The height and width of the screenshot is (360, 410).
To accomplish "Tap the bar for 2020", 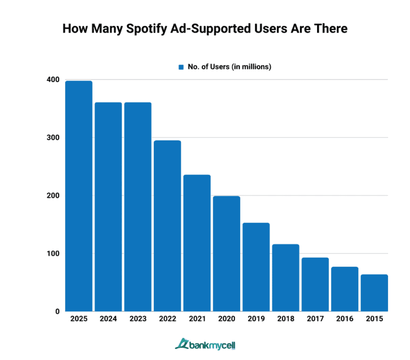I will pyautogui.click(x=226, y=253).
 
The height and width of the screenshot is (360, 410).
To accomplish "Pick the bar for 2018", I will pyautogui.click(x=286, y=277).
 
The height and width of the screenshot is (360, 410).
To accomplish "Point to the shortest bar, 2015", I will pyautogui.click(x=374, y=293).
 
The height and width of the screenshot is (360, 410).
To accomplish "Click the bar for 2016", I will pyautogui.click(x=345, y=289).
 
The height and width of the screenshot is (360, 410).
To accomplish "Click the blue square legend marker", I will pyautogui.click(x=181, y=67).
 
